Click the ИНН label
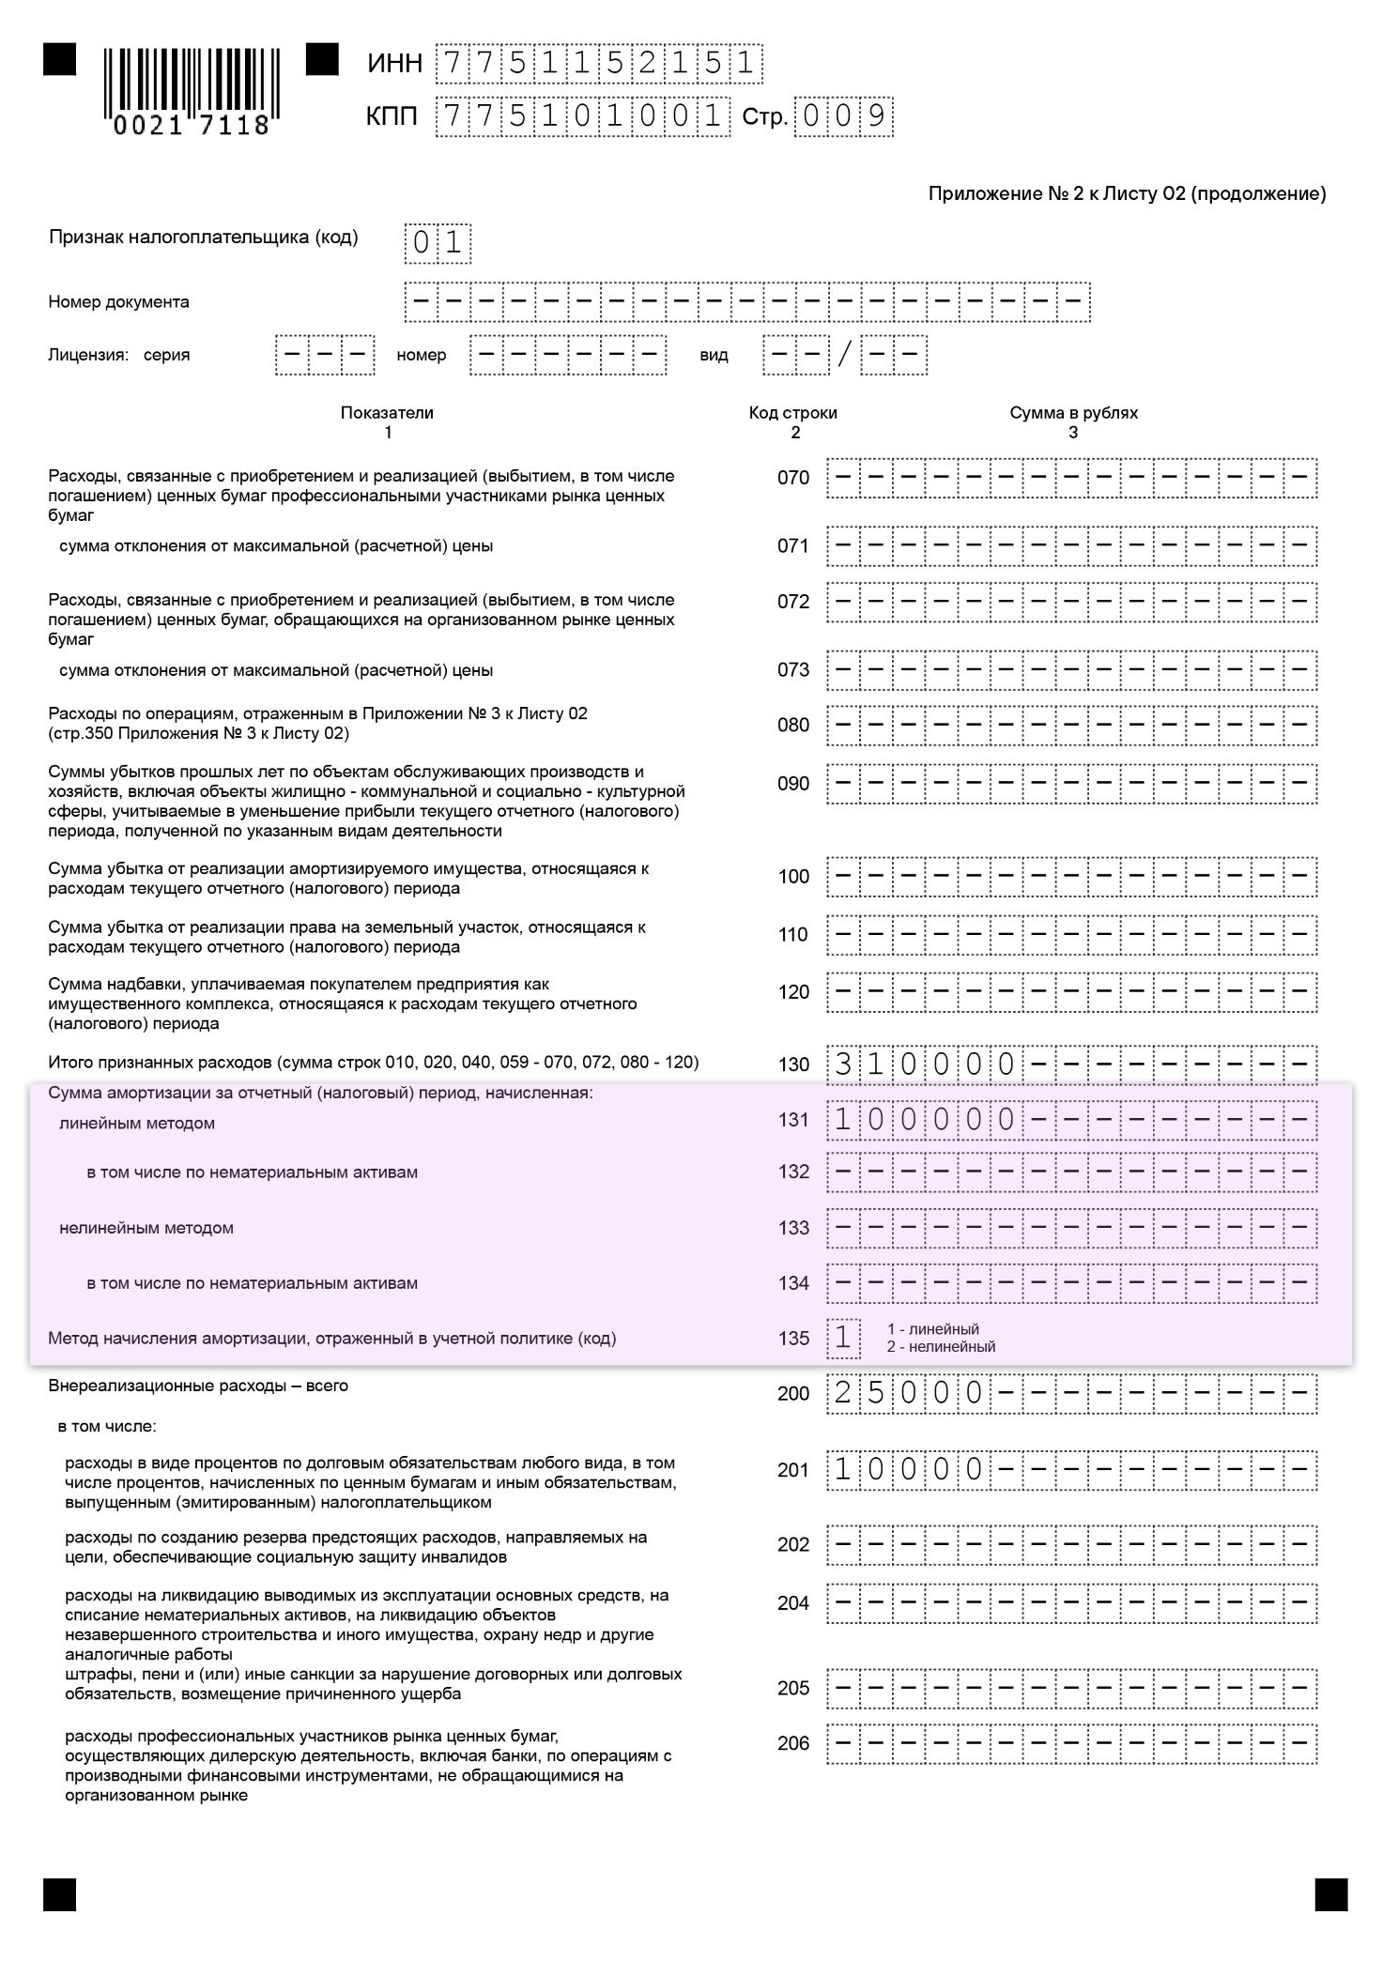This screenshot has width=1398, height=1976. pyautogui.click(x=394, y=64)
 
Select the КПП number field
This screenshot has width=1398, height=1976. pyautogui.click(x=582, y=116)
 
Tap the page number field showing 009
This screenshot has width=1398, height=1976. pyautogui.click(x=843, y=116)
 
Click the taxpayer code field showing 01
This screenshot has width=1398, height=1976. pyautogui.click(x=438, y=243)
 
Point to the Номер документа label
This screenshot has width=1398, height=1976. pyautogui.click(x=118, y=302)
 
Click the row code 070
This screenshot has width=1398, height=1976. pyautogui.click(x=792, y=478)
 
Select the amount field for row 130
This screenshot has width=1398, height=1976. pyautogui.click(x=1071, y=1065)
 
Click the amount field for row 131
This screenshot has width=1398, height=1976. pyautogui.click(x=1071, y=1119)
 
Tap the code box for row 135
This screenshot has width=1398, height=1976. pyautogui.click(x=843, y=1338)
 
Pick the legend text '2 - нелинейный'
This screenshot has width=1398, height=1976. pyautogui.click(x=941, y=1347)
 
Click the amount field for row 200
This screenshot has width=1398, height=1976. pyautogui.click(x=1071, y=1393)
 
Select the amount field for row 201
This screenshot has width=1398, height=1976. pyautogui.click(x=1071, y=1470)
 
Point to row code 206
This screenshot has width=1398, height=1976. pyautogui.click(x=792, y=1743)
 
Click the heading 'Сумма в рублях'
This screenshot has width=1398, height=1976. pyautogui.click(x=1073, y=413)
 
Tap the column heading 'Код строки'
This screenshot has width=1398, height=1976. pyautogui.click(x=792, y=413)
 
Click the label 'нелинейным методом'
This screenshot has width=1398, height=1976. pyautogui.click(x=146, y=1228)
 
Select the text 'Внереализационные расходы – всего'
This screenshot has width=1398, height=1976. pyautogui.click(x=198, y=1386)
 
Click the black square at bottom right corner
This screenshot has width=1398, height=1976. pyautogui.click(x=1330, y=1894)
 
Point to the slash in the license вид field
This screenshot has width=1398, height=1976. pyautogui.click(x=846, y=355)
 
